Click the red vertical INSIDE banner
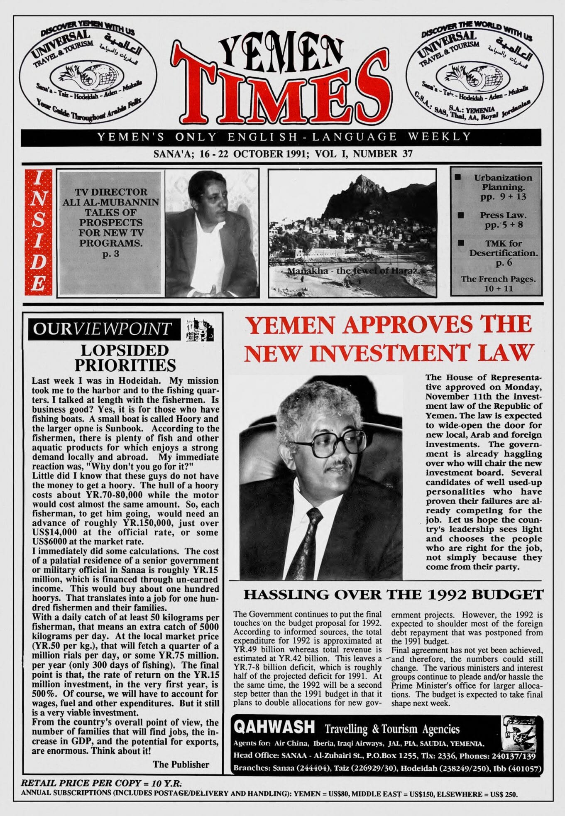[38, 232]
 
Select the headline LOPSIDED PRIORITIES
[125, 358]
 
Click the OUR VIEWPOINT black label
[104, 329]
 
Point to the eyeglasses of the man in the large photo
[330, 443]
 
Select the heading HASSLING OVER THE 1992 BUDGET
[393, 595]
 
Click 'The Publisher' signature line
[181, 764]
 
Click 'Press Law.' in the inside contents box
[503, 215]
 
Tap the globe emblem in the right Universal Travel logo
[467, 77]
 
